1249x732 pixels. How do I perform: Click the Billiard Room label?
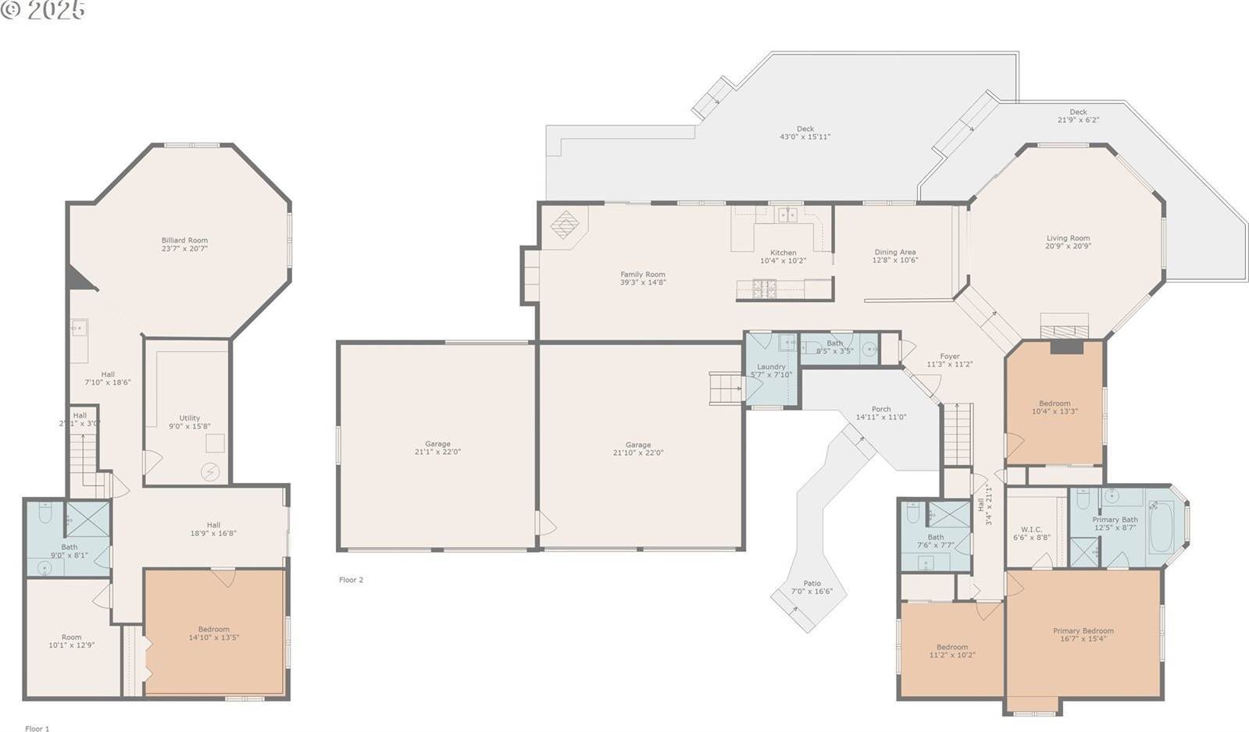tap(184, 240)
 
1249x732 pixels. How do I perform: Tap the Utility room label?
tap(189, 418)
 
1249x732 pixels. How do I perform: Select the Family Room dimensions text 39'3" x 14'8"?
tap(643, 282)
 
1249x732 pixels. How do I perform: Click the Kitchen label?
tap(783, 253)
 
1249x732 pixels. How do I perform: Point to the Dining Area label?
tap(894, 252)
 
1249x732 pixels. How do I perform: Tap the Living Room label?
tap(1068, 238)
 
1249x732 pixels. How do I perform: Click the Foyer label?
tap(949, 356)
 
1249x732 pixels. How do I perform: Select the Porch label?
tap(881, 409)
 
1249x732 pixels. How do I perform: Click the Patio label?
tap(812, 583)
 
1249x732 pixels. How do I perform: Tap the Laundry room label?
tap(771, 367)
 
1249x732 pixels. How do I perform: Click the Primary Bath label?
tap(1115, 520)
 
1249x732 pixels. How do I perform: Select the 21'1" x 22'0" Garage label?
tap(437, 444)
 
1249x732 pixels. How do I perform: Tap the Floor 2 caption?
tap(351, 580)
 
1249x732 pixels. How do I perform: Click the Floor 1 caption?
tap(37, 729)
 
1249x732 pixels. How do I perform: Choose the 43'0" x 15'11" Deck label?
tap(805, 129)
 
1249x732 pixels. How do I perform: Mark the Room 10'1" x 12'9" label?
tap(71, 637)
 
